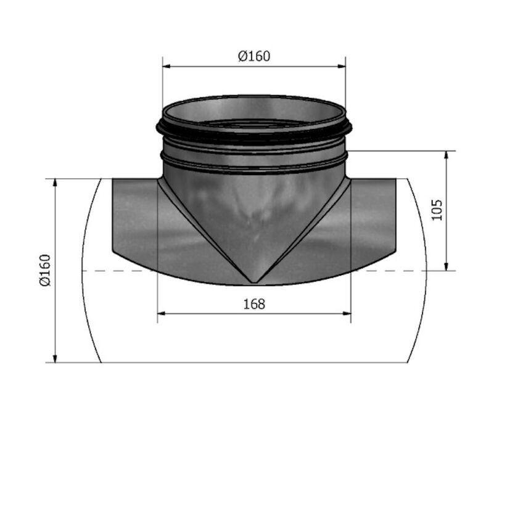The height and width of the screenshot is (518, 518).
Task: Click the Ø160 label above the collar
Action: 254,56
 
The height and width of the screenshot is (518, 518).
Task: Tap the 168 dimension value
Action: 254,304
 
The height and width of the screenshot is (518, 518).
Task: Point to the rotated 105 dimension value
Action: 437,210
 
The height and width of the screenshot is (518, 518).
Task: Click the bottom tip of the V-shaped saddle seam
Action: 253,282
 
